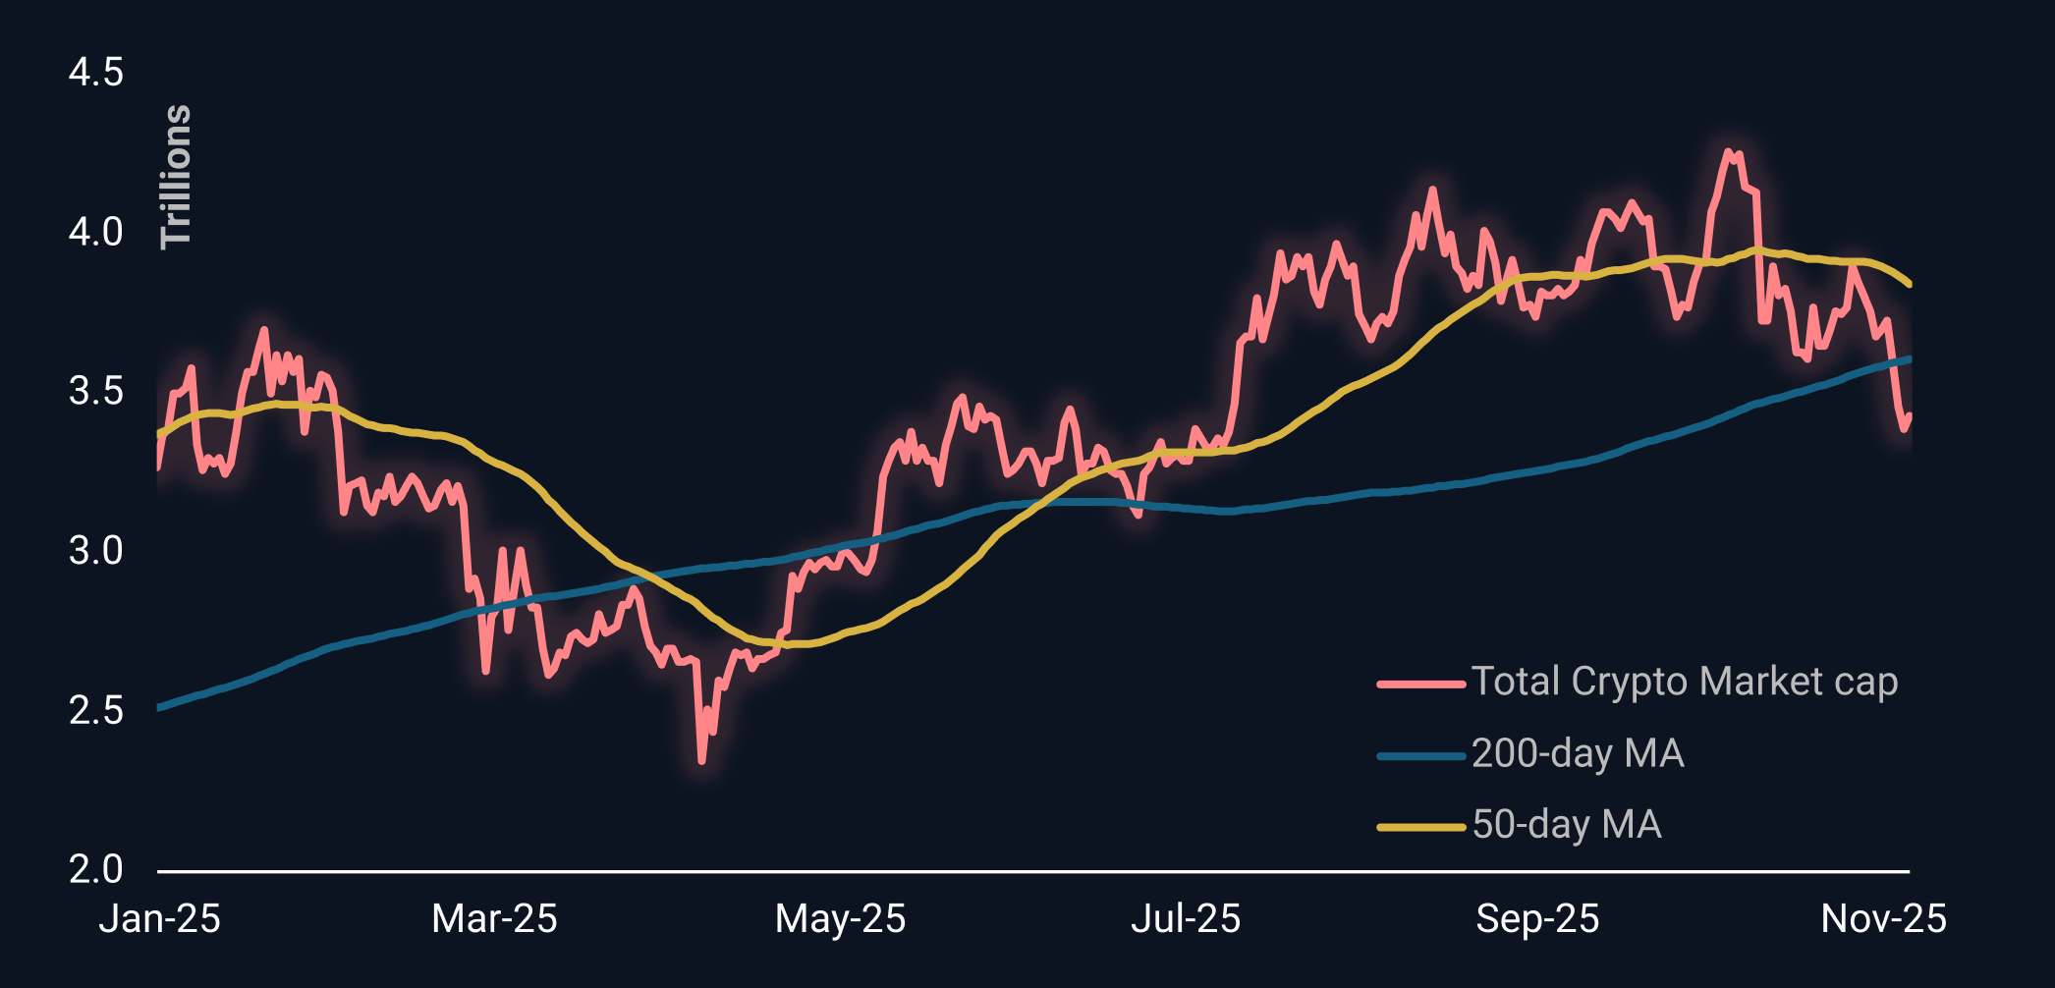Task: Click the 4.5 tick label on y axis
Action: click(x=95, y=73)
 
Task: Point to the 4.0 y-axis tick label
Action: click(x=95, y=233)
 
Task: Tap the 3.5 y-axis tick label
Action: click(x=95, y=392)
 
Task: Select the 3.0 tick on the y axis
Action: click(x=95, y=551)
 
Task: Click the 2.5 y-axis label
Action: click(x=95, y=710)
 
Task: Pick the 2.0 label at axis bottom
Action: click(x=95, y=869)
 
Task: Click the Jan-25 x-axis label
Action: click(x=159, y=919)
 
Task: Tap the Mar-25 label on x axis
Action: click(x=494, y=919)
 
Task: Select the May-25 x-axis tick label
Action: click(x=840, y=919)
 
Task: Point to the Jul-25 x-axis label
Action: click(x=1186, y=919)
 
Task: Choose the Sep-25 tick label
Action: click(x=1537, y=919)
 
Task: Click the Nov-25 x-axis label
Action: click(x=1883, y=919)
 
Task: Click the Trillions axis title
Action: click(x=176, y=177)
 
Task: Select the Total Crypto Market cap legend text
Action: click(x=1684, y=682)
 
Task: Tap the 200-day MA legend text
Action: click(x=1578, y=753)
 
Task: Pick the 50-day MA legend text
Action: click(x=1567, y=825)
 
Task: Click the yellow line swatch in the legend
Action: click(x=1420, y=827)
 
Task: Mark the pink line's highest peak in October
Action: click(x=1728, y=152)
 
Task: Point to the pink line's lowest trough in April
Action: click(x=701, y=760)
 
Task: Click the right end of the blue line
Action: click(x=1909, y=359)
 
